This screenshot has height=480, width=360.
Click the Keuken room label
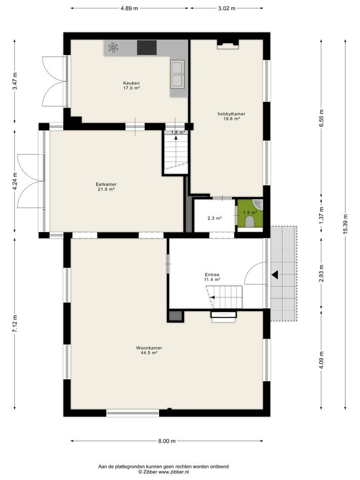[131, 83]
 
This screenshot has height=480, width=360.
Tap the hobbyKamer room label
[232, 114]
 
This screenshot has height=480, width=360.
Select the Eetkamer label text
[106, 184]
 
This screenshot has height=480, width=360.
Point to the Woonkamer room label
[149, 348]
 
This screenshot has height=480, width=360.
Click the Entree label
[212, 275]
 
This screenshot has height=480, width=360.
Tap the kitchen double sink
[177, 75]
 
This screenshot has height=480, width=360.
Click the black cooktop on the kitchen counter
[147, 48]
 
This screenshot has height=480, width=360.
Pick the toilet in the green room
[250, 222]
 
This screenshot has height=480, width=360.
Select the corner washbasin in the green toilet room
[258, 203]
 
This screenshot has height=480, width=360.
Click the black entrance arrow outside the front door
[275, 275]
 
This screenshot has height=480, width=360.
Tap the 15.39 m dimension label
[345, 225]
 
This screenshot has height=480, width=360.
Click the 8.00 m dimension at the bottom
[167, 441]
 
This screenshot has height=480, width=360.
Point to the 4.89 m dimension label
[129, 8]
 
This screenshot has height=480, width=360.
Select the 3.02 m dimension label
[227, 8]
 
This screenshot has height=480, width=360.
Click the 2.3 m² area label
[215, 218]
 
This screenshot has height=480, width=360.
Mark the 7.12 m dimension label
[15, 324]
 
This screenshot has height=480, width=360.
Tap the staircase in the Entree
[224, 297]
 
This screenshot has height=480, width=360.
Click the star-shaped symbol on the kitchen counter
[113, 48]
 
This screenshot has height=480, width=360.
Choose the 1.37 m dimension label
[321, 216]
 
